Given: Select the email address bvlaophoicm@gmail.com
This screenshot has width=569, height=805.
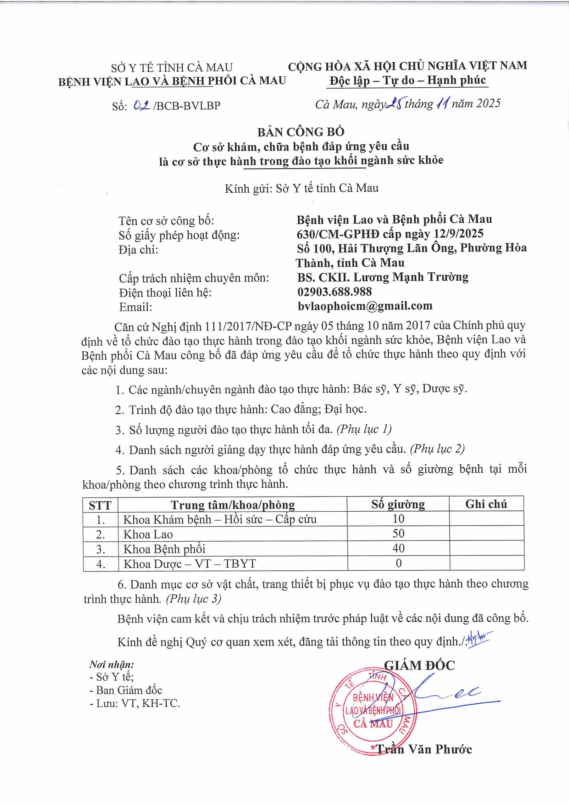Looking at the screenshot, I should point(365,306).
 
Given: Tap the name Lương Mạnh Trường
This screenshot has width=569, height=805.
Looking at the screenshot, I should point(411,277).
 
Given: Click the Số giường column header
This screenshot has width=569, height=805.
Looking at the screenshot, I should point(398,504).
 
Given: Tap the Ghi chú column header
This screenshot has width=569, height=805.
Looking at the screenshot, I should point(486,504).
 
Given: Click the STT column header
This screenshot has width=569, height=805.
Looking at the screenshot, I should point(100,505).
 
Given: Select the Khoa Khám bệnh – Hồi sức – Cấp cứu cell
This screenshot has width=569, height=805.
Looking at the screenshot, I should point(220,519).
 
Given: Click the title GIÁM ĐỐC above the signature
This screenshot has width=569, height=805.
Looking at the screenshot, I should point(419,665).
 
